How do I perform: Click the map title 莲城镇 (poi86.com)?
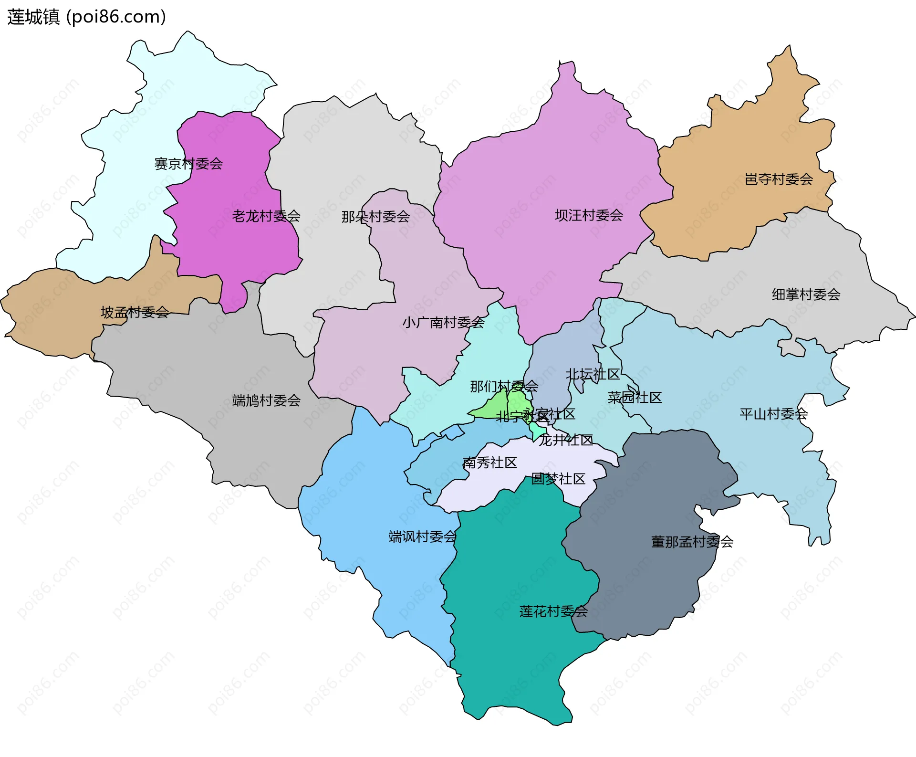point(86,17)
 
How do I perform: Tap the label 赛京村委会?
point(188,164)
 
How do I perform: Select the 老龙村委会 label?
point(266,216)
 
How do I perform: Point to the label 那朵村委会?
point(375,217)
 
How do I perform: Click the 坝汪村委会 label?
point(589,216)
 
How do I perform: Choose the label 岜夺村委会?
point(779,179)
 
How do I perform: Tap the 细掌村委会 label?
point(806,294)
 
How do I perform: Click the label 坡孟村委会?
point(135,313)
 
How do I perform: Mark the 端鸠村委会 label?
point(266,400)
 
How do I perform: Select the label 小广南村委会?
point(443,323)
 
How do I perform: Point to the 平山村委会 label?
point(773,414)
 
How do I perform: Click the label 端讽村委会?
point(422,537)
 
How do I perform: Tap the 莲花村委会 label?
point(553,611)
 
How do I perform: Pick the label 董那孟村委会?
point(692,542)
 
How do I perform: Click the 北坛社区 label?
point(593,374)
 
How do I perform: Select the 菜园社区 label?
point(635,398)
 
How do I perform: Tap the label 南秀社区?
point(489,463)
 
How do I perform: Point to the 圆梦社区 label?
point(558,479)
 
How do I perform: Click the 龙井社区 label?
point(566,440)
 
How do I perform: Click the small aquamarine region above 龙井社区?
point(538,431)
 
